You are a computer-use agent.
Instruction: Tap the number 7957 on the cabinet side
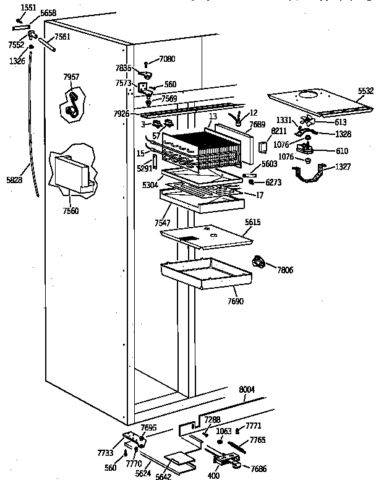(71, 77)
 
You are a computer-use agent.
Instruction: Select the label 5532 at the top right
(365, 91)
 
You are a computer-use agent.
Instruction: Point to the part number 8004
(246, 389)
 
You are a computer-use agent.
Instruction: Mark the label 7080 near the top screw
(167, 59)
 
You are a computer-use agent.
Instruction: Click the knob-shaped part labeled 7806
(259, 263)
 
